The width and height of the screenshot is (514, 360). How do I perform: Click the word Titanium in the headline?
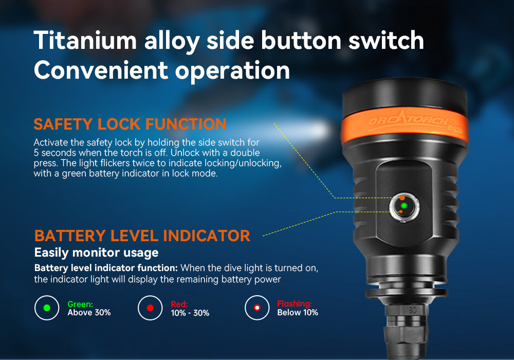(85, 40)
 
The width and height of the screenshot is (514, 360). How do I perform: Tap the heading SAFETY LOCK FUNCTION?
(130, 124)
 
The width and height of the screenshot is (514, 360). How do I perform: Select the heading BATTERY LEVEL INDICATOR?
(142, 236)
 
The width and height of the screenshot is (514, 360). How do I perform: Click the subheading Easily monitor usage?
(97, 253)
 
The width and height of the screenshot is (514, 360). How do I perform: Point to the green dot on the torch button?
(404, 206)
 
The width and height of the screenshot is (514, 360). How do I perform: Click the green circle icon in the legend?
(47, 308)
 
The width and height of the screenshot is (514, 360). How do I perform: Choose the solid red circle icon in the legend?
(150, 308)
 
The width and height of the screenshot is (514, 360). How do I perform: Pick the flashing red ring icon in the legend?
(257, 308)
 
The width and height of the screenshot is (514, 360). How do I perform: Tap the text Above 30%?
(89, 313)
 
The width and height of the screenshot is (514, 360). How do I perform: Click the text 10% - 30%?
(190, 313)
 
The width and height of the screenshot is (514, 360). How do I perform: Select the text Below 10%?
(298, 313)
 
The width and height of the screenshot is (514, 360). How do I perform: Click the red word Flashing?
(295, 303)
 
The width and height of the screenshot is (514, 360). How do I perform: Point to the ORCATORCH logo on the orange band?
(409, 120)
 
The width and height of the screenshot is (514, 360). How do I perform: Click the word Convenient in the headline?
(101, 70)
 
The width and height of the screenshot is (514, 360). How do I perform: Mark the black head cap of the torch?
(405, 97)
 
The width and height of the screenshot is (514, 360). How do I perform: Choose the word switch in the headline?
(386, 40)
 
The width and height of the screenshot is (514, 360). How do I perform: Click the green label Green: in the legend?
(80, 304)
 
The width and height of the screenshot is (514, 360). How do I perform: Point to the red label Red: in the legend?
(179, 304)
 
